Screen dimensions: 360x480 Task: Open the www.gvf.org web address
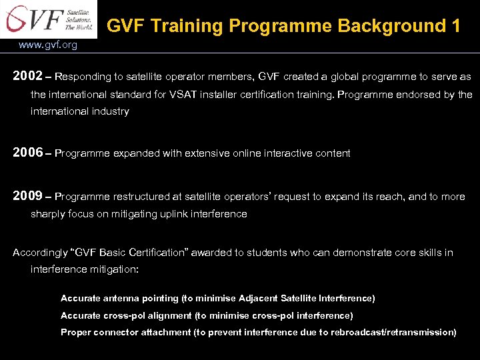coord(48,45)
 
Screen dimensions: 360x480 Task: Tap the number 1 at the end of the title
coord(456,26)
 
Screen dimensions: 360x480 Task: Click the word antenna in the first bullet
coord(121,298)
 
